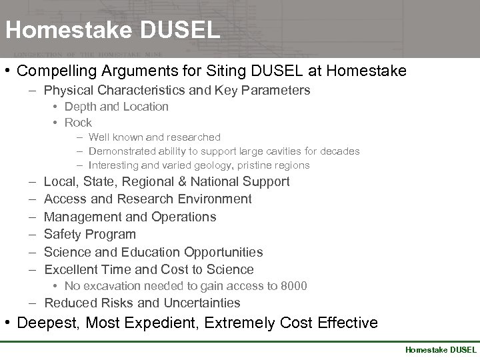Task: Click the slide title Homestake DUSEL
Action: [x=112, y=31]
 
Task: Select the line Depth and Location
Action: [x=116, y=107]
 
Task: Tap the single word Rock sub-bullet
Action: [x=78, y=123]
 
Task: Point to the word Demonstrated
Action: [x=121, y=151]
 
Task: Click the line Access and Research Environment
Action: [x=147, y=199]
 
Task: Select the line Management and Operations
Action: [x=130, y=217]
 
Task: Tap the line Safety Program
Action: [x=89, y=234]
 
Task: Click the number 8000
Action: [x=293, y=286]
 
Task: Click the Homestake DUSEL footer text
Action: [x=441, y=349]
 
